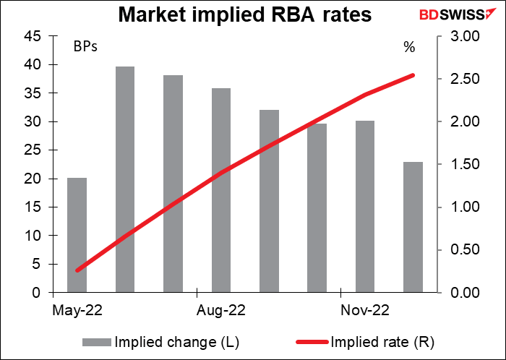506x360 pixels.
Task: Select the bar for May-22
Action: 77,235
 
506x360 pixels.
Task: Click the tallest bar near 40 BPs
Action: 124,179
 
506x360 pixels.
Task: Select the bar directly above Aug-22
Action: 220,190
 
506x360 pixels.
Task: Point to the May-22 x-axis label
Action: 77,311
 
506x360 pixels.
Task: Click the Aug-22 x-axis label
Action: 220,311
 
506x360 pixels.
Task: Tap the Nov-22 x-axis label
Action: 364,311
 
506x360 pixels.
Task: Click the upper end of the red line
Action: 412,75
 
